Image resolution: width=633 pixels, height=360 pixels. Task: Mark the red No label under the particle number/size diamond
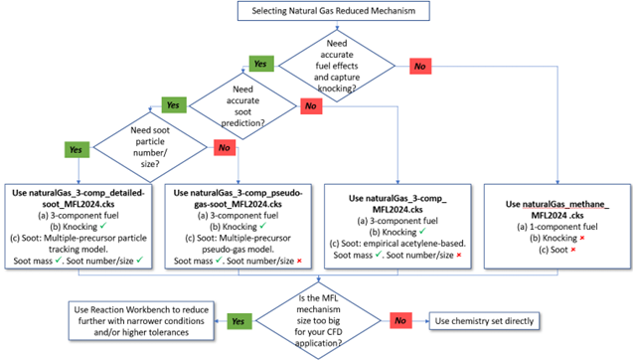point(225,147)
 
